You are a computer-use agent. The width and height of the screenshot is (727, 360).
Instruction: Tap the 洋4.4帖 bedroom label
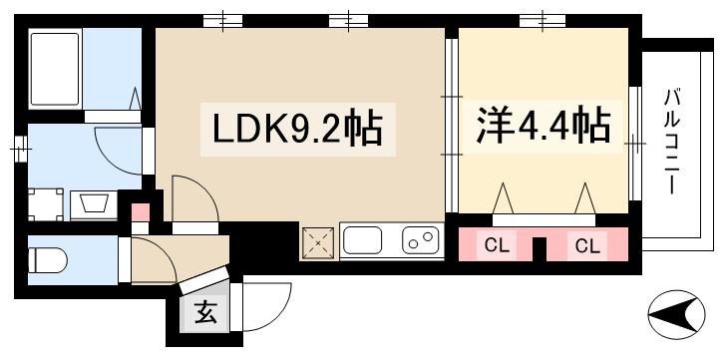(542, 127)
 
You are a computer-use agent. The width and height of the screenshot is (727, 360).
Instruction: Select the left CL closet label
(496, 244)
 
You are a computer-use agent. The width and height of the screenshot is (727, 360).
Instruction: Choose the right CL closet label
(586, 244)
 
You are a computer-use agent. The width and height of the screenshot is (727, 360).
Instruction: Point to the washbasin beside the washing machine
(96, 203)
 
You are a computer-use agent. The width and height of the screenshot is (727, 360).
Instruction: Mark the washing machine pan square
(45, 203)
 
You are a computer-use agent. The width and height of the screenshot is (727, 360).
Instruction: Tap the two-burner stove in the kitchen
(421, 240)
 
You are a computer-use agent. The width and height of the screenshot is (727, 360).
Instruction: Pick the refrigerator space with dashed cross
(318, 240)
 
